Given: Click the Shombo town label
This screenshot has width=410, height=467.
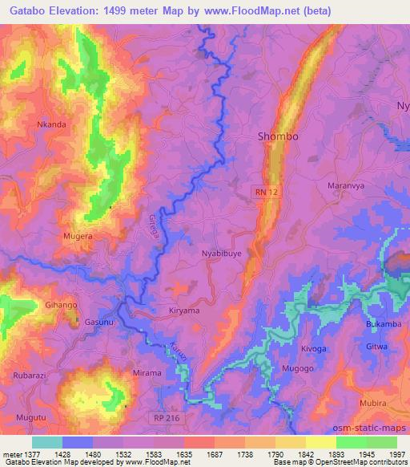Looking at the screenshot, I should (x=278, y=136).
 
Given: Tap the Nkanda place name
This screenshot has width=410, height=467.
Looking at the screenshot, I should (x=52, y=125).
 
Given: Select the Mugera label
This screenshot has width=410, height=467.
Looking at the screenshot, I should (x=78, y=238).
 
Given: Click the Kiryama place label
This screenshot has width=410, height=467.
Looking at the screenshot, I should (x=184, y=310).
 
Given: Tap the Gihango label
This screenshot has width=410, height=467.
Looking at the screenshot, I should (x=61, y=306).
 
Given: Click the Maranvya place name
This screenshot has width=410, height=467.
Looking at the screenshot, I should (x=347, y=185).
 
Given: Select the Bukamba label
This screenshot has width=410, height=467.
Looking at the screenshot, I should (x=384, y=323).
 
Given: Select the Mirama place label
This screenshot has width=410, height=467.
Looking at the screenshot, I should (x=147, y=373).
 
